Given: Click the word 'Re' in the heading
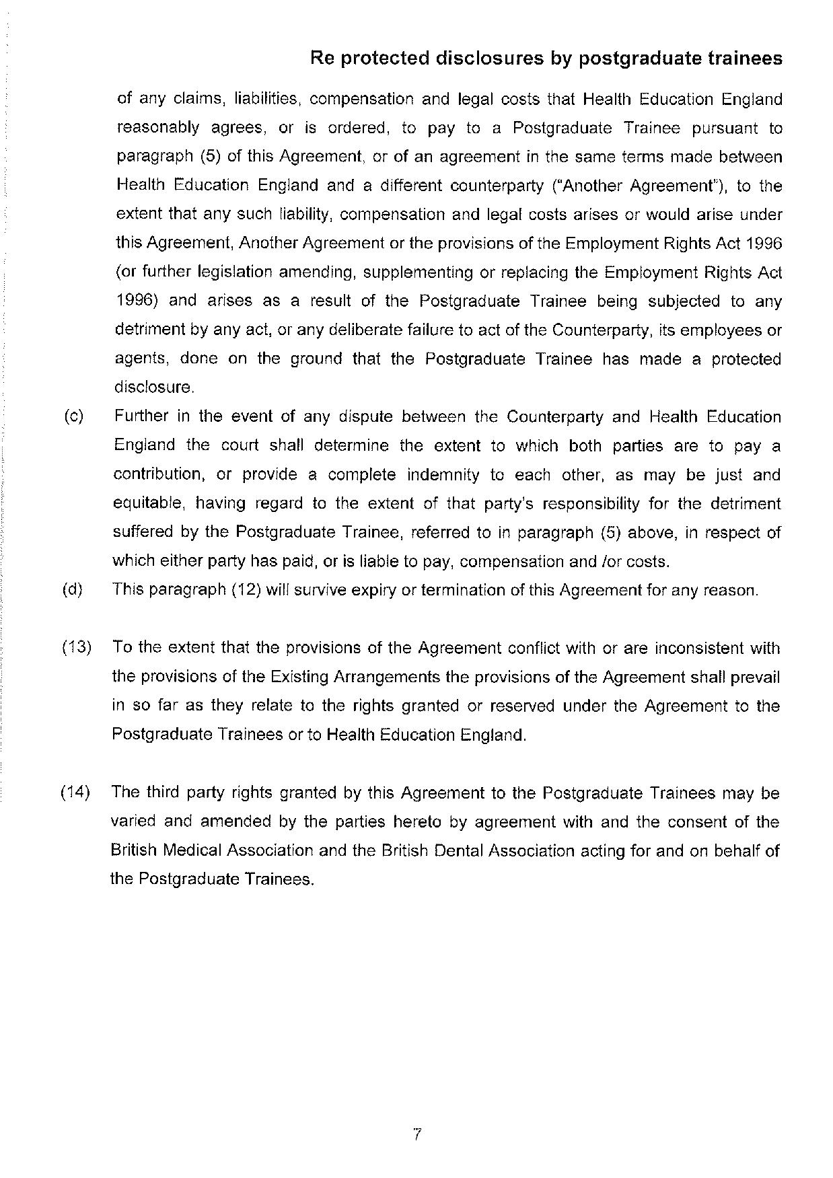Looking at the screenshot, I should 322,59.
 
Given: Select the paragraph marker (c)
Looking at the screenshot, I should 74,416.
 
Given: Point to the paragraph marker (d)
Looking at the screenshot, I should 73,590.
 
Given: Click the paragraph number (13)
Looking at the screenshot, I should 77,648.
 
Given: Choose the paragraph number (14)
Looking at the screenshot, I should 75,793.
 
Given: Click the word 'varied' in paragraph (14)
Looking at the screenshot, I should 133,821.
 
